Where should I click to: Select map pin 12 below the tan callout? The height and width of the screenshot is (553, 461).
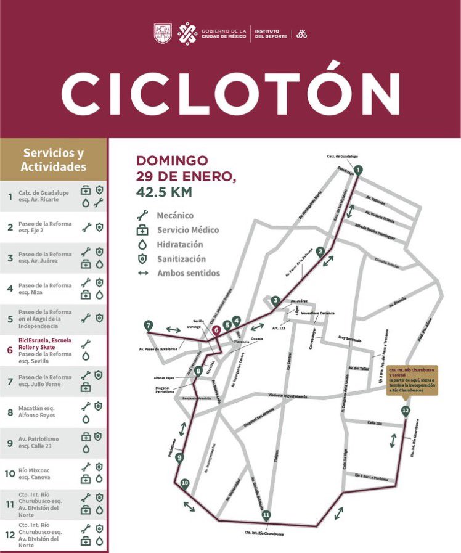click(405, 411)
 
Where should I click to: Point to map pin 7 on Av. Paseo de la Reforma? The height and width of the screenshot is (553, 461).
click(148, 326)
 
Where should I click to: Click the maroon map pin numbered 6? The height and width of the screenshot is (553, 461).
click(216, 330)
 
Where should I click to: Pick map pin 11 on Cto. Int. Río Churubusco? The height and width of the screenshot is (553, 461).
click(266, 515)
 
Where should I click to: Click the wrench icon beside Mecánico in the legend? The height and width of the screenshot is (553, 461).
click(143, 216)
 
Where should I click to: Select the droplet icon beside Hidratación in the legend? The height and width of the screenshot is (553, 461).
click(143, 245)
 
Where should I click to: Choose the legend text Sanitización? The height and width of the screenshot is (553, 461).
click(181, 260)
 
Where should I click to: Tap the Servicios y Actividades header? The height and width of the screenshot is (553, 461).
click(54, 160)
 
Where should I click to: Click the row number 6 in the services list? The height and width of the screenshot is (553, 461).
click(9, 350)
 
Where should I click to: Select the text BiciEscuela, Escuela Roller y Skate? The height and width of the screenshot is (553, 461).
click(44, 343)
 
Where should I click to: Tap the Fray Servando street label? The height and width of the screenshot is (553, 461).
click(350, 338)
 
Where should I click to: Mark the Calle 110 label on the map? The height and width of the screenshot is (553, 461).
click(375, 422)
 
